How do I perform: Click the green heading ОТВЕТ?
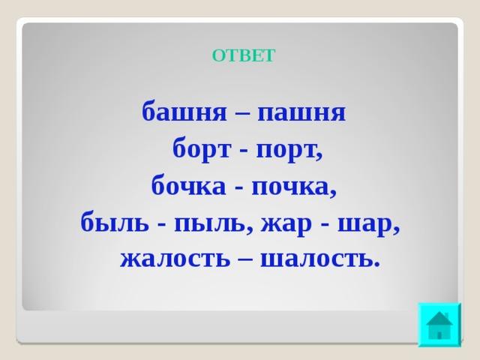(x=244, y=55)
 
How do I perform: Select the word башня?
(x=184, y=112)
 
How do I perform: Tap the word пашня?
(x=301, y=112)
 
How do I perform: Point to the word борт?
(x=202, y=149)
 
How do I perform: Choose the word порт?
(x=286, y=151)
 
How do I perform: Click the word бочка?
(x=188, y=186)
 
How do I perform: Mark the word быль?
(x=115, y=223)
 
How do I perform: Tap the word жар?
(x=286, y=225)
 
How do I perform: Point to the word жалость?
(x=175, y=260)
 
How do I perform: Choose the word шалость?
(x=316, y=260)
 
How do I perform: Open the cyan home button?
(x=439, y=325)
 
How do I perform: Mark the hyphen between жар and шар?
(x=325, y=225)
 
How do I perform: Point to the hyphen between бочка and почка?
(x=238, y=187)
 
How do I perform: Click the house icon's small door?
(x=439, y=335)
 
